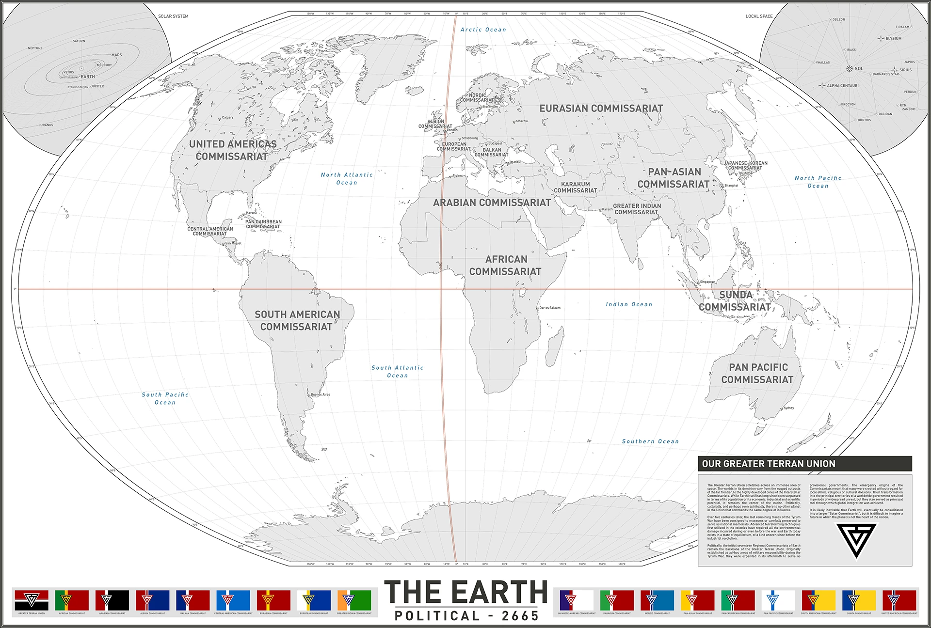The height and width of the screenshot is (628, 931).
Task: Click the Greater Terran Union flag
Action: tap(32, 600)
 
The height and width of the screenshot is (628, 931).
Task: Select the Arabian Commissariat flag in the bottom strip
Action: tap(112, 600)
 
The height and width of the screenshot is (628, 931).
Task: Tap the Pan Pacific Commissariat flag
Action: tap(778, 600)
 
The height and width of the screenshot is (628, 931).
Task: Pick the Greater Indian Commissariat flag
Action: tap(354, 600)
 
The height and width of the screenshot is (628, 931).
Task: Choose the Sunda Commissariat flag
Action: tap(859, 600)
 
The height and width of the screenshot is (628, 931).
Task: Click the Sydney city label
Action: tap(789, 408)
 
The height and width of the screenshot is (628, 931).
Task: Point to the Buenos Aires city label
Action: tap(320, 394)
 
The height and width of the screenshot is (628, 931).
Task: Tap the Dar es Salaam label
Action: tap(550, 308)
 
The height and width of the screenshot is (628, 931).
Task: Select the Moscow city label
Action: tap(522, 121)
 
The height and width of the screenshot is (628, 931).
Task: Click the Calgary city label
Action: tap(227, 118)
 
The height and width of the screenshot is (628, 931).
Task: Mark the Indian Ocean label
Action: tap(629, 304)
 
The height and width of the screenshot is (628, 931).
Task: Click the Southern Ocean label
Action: tap(650, 441)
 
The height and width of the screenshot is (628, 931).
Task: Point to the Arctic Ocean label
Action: tap(483, 30)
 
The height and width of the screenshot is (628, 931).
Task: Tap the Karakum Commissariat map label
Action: tap(576, 188)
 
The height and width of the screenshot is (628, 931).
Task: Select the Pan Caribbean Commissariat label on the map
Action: tap(263, 224)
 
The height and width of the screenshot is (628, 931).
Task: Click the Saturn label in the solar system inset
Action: tap(79, 41)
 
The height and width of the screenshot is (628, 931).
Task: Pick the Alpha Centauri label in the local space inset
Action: tap(842, 86)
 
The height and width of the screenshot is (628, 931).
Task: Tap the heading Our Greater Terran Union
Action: tap(769, 464)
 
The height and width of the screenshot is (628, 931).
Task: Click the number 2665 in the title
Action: tap(520, 616)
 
